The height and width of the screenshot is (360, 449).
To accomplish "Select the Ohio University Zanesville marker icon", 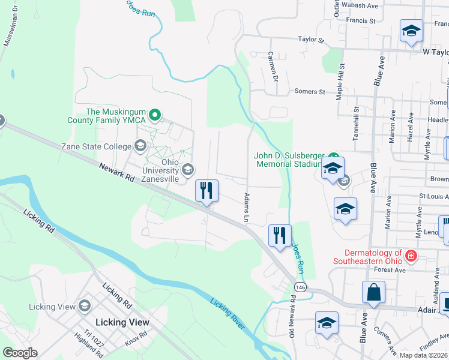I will (188, 169).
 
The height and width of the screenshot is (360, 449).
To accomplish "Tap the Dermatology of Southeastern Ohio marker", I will (411, 256).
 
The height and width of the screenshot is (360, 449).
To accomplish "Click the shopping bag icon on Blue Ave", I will (373, 293).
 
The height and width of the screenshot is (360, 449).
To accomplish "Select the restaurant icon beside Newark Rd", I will (206, 191).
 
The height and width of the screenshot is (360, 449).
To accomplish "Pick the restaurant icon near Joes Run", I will (280, 235).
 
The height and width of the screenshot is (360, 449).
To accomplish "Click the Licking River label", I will (228, 313).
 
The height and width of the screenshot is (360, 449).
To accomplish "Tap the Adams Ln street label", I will (246, 207).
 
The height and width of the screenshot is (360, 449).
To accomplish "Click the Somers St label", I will (309, 92).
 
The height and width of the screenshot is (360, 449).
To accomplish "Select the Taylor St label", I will (311, 40).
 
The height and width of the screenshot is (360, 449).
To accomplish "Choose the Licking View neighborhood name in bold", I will (122, 322).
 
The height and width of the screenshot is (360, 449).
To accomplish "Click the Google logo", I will (20, 353).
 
